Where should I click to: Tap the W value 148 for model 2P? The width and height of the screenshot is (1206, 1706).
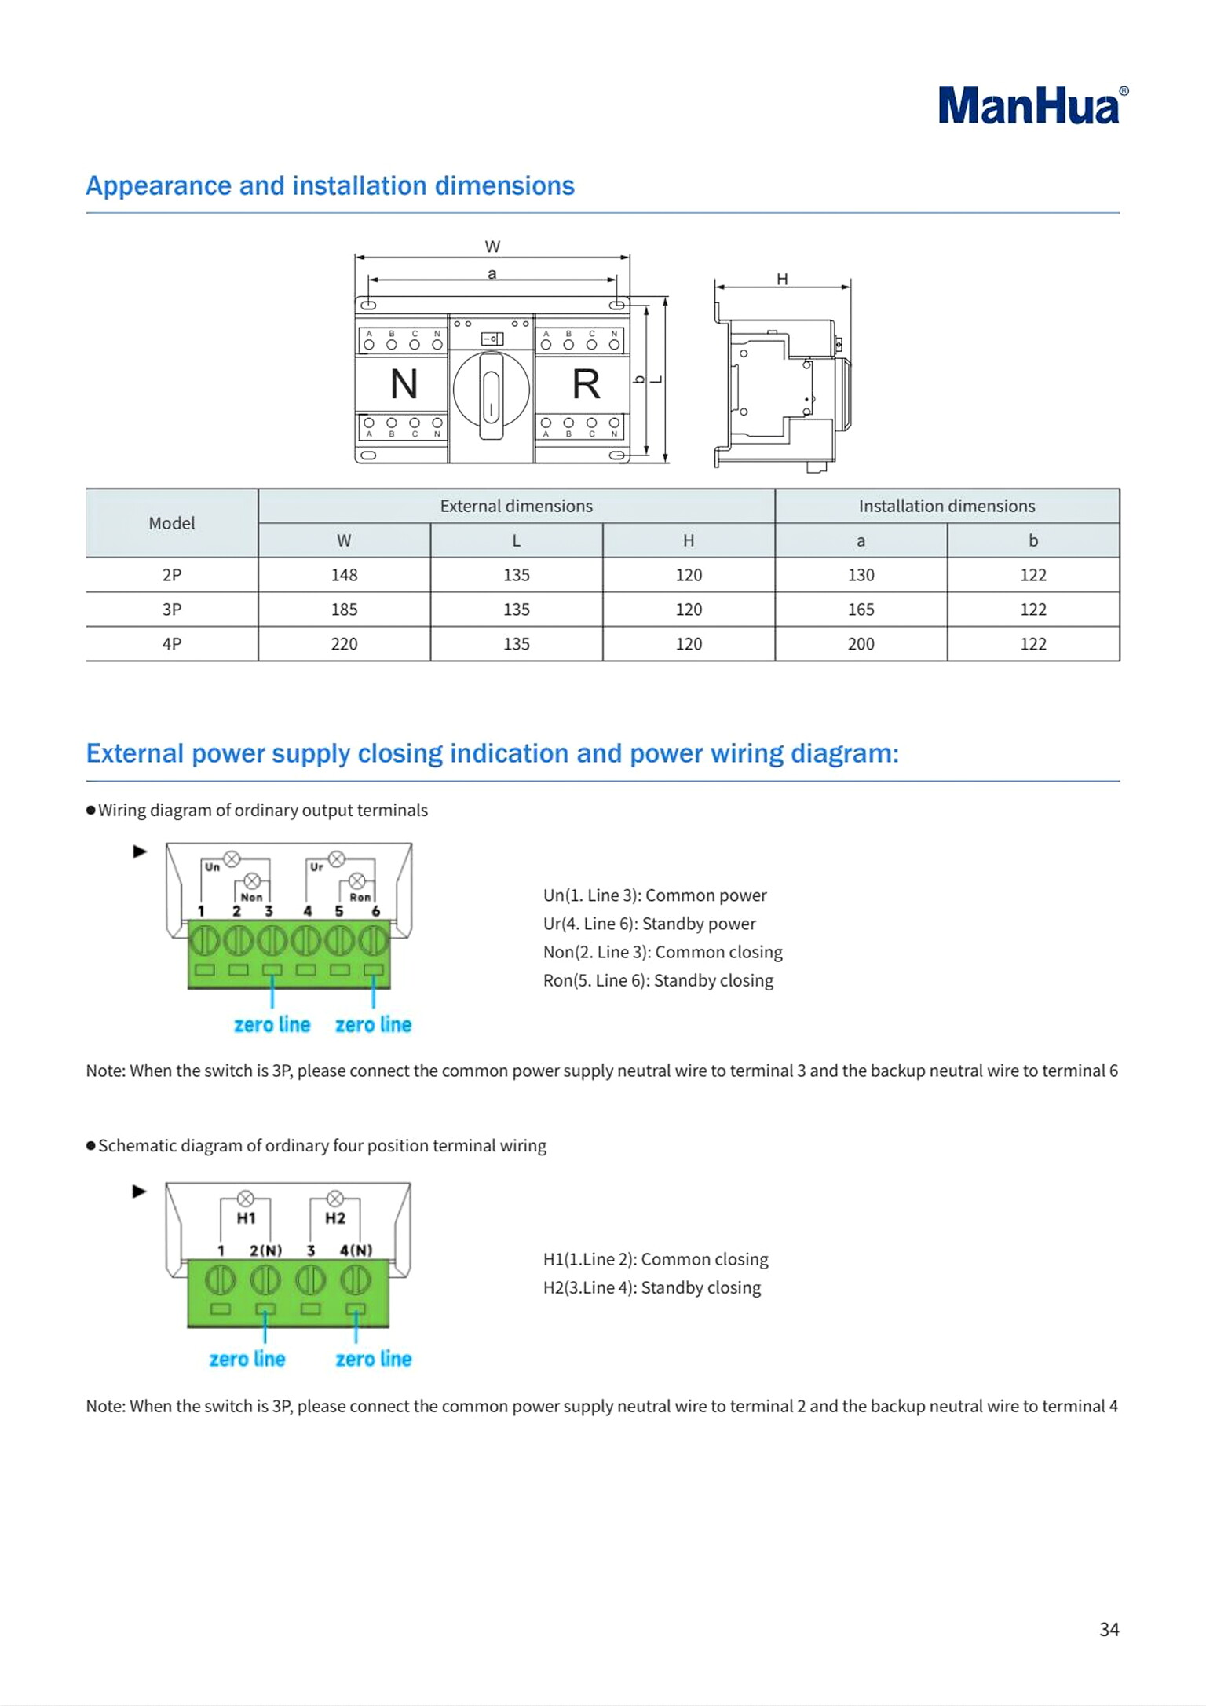click(344, 575)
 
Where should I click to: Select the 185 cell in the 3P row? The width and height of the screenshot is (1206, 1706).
click(344, 610)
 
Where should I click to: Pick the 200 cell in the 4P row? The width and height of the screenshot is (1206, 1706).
click(861, 644)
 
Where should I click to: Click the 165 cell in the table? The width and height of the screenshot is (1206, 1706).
click(861, 610)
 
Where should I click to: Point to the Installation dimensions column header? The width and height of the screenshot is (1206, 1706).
click(946, 507)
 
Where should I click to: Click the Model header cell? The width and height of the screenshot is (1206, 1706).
click(171, 523)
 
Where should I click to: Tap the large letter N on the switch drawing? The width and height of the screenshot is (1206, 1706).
click(404, 385)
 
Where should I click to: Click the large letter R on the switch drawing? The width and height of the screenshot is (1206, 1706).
click(586, 385)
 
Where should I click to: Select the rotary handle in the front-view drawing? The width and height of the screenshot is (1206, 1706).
click(492, 393)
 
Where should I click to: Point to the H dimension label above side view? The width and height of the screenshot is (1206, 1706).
click(782, 280)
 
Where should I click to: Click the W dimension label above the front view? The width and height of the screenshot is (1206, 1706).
click(492, 247)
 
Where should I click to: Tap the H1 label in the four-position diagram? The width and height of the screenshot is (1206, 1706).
click(246, 1218)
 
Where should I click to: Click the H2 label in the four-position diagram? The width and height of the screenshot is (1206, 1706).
click(335, 1218)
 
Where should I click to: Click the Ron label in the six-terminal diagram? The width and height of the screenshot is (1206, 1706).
click(360, 897)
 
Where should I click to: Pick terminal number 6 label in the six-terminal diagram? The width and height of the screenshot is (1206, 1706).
click(375, 912)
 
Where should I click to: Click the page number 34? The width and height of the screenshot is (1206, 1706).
click(1109, 1630)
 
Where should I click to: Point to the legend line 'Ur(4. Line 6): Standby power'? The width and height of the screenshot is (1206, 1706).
click(649, 924)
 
